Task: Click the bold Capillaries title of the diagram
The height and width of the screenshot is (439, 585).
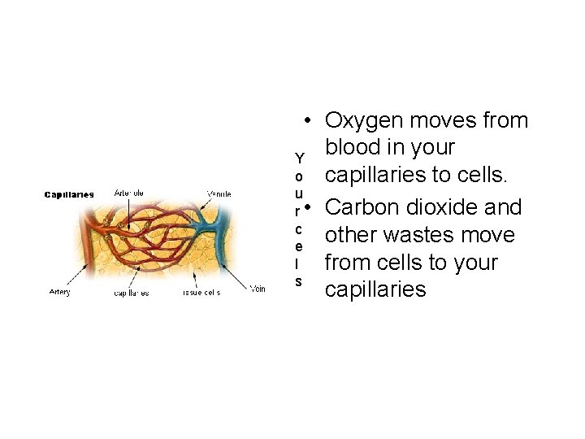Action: pos(69,194)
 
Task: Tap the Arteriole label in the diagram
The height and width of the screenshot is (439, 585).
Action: pos(130,193)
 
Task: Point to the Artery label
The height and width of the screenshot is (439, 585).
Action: pos(58,292)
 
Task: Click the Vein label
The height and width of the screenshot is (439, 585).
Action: pos(258,289)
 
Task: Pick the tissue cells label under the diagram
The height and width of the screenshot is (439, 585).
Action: pos(201,293)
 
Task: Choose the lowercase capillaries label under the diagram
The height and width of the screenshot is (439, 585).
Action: pos(132,293)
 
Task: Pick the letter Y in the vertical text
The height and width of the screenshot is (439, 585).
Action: pos(300,158)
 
